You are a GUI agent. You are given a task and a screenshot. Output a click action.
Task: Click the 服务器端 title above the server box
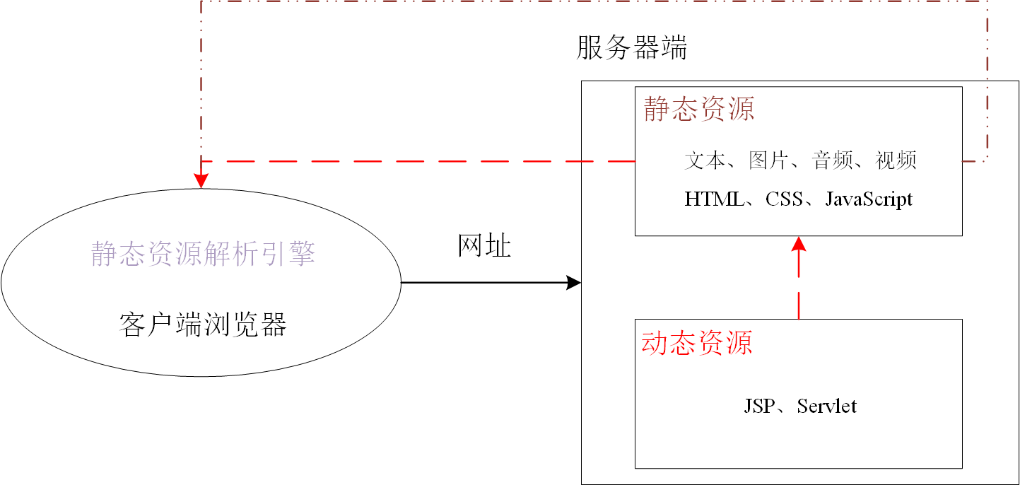(632, 49)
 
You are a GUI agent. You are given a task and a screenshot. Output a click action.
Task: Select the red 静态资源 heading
(698, 110)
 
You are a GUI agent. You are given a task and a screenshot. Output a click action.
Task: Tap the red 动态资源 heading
(696, 343)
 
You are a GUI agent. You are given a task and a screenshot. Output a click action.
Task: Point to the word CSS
(784, 199)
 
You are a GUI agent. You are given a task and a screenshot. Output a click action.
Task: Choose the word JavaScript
(869, 199)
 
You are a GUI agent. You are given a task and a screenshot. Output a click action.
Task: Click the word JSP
(758, 407)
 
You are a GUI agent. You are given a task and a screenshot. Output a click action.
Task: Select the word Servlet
(827, 407)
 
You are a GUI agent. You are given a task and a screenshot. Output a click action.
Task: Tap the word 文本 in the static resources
(705, 160)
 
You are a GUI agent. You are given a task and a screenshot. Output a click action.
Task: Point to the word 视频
(896, 160)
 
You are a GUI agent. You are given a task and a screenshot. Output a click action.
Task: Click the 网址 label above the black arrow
(484, 246)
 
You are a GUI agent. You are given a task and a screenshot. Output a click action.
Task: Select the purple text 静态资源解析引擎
(203, 254)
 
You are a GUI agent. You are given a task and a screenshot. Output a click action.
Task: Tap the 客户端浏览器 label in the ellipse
(203, 325)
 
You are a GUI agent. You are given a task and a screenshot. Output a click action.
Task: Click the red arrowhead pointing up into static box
(799, 245)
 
